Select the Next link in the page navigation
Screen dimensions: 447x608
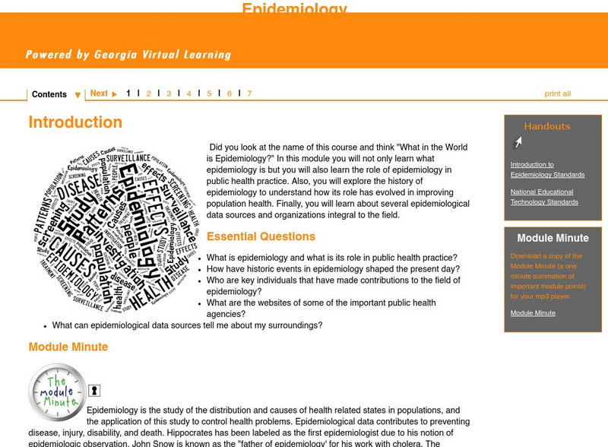coord(103,94)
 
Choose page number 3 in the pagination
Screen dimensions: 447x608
coord(169,94)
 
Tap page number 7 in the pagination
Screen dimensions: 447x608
coord(249,94)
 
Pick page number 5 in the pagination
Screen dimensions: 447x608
coord(209,94)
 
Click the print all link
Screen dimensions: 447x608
coord(557,94)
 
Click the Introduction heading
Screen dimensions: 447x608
coord(75,122)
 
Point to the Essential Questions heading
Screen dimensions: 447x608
coord(261,236)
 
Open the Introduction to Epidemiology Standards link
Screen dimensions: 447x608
coord(547,170)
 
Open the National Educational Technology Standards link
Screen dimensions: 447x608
coord(544,197)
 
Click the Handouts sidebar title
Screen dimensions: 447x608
coord(546,126)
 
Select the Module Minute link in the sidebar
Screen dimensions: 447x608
coord(533,313)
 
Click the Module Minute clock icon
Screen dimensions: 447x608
coord(57,392)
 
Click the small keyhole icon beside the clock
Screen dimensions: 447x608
coord(94,391)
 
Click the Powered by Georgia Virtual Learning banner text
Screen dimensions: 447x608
coord(128,55)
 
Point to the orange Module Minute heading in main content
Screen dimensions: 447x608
coord(68,347)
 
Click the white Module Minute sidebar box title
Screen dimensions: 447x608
coord(553,238)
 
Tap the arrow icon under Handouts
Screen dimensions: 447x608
coord(517,142)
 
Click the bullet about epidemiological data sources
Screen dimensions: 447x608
coord(187,325)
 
